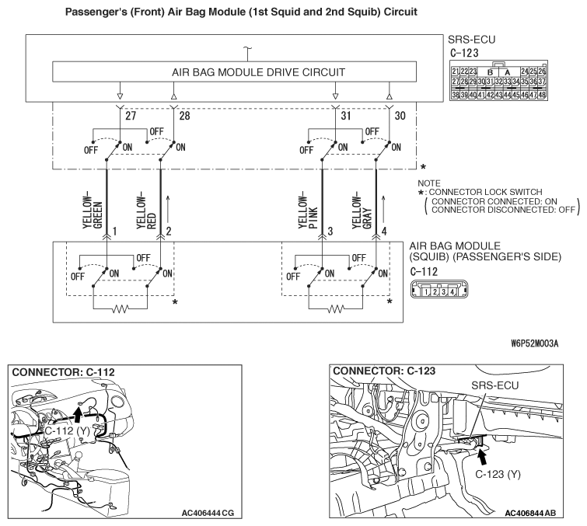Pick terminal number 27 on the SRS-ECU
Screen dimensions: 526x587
130,116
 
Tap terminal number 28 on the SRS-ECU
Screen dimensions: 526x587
184,116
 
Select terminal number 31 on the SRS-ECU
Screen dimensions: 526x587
345,116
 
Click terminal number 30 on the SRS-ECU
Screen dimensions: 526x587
400,116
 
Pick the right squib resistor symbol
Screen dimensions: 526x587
336,308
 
